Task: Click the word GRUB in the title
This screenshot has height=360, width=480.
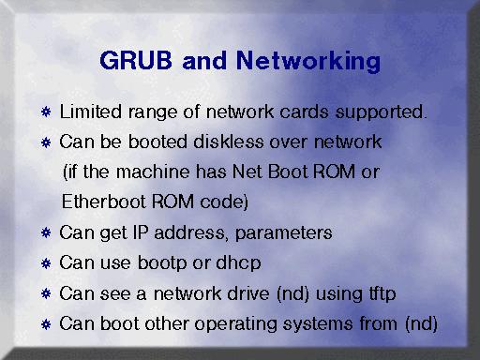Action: point(136,60)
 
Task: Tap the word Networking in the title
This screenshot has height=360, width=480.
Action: point(308,62)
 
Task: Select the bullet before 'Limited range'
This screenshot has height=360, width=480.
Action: point(46,112)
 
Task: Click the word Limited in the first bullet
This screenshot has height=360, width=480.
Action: point(91,112)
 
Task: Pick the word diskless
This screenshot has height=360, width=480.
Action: point(229,142)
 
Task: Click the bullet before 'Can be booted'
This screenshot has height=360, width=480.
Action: point(46,142)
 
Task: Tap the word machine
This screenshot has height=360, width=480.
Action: point(153,172)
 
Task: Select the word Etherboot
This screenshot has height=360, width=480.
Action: point(103,202)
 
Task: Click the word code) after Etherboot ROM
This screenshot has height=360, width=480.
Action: point(224,202)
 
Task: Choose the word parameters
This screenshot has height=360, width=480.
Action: point(283,233)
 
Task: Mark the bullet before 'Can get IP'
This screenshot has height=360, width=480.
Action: point(46,232)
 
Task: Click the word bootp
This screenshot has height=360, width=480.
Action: point(162,263)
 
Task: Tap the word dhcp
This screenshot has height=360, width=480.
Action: point(238,263)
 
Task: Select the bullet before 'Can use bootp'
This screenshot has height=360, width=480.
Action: point(46,263)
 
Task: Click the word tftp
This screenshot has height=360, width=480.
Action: point(382,294)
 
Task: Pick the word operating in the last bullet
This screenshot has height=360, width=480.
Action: point(236,324)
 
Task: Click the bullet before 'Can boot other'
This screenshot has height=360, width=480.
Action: point(46,324)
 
